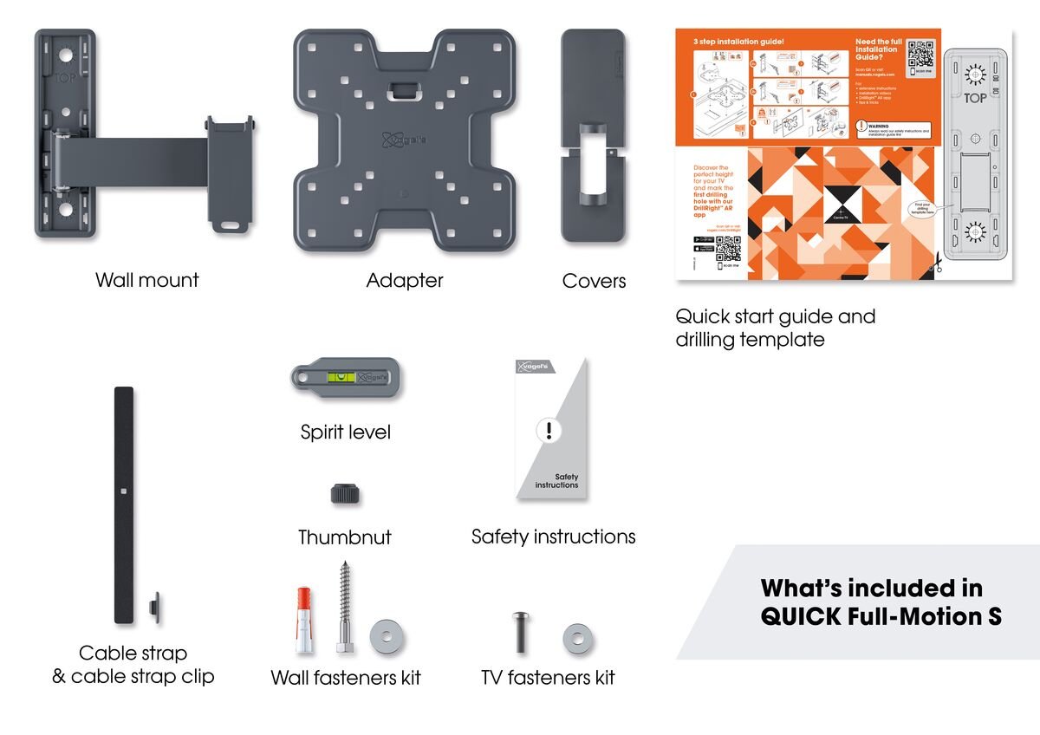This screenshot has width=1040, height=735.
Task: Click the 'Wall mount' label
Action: pos(146,280)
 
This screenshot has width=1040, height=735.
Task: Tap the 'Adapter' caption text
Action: pos(405,280)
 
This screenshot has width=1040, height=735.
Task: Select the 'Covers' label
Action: pos(594,280)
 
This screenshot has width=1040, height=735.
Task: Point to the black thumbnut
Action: pos(345,494)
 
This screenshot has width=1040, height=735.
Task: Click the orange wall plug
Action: pos(303,619)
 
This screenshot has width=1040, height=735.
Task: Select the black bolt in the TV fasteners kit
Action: pos(521,634)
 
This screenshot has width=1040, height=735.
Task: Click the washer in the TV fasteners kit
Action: pos(578,640)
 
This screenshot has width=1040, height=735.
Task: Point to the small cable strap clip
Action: pos(154,606)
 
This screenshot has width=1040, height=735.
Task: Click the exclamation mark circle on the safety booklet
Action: pos(549,430)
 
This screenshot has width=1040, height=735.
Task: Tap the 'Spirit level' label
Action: pos(345,432)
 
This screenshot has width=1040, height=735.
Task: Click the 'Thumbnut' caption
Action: pos(344,537)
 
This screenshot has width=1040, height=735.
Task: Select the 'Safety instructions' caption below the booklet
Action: pos(553,537)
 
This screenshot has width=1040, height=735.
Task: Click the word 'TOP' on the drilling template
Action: pos(975,98)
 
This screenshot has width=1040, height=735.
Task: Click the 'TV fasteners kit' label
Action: pos(548,677)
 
